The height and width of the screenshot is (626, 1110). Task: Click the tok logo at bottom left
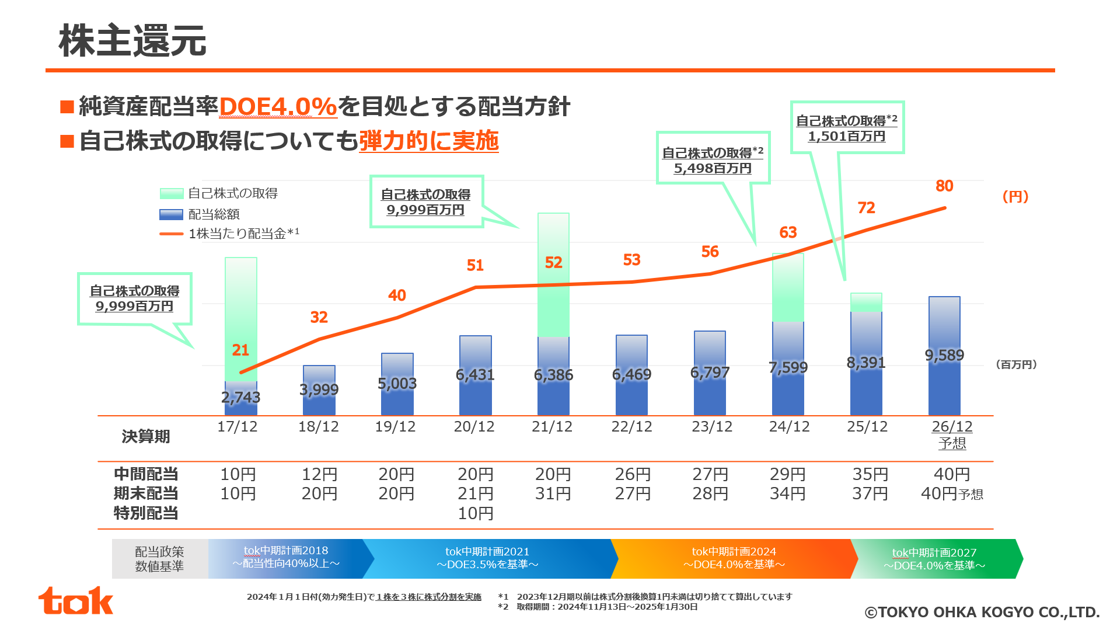(x=75, y=601)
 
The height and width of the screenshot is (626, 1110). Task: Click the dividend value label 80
(x=944, y=186)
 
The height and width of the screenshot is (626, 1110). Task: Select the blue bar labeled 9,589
(x=944, y=356)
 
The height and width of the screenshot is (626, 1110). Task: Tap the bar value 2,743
(x=240, y=397)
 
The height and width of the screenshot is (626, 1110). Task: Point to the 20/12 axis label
(x=474, y=427)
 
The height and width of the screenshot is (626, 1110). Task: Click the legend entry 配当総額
(x=200, y=214)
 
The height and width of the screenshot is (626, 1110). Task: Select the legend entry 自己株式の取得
(x=219, y=193)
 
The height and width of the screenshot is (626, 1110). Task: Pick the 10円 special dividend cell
(x=475, y=513)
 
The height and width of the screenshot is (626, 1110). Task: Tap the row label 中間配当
(x=146, y=474)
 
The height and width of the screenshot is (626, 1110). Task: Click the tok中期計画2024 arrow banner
(x=734, y=558)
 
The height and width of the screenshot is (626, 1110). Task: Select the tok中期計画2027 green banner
(x=934, y=559)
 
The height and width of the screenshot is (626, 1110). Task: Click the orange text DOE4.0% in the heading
(x=278, y=107)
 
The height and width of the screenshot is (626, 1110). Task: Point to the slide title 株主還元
(x=132, y=41)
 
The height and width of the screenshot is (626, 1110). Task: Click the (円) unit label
(x=1015, y=197)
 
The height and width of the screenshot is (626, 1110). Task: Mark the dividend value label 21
(x=240, y=350)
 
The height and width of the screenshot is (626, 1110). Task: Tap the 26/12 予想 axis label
(x=952, y=435)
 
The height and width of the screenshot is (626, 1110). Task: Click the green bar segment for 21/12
(x=553, y=275)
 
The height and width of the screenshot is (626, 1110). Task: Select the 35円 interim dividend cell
(x=870, y=474)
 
